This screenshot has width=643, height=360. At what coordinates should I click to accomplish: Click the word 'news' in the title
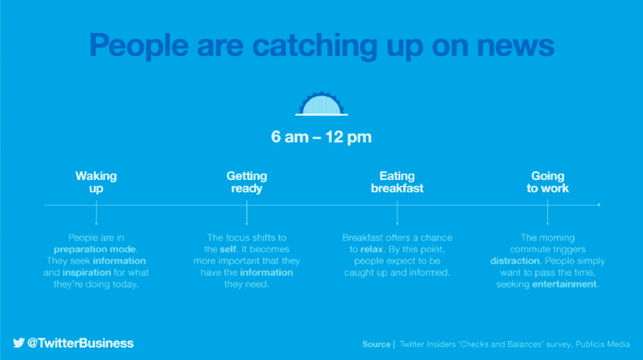click(x=516, y=45)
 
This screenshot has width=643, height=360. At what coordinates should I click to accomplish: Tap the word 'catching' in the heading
click(x=315, y=46)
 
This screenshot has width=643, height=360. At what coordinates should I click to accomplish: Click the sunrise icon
click(x=322, y=104)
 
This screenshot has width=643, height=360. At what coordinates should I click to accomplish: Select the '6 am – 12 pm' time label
click(x=321, y=137)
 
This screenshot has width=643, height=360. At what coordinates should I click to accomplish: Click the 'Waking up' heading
click(x=96, y=182)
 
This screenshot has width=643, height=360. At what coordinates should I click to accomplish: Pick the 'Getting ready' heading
click(x=247, y=182)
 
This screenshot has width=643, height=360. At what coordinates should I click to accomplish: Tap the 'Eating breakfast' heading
click(x=397, y=182)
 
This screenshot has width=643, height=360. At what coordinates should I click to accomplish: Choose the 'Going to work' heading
click(x=547, y=182)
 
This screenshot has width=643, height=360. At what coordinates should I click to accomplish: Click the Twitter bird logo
click(x=18, y=343)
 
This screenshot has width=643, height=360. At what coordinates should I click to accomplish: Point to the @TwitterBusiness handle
click(x=80, y=344)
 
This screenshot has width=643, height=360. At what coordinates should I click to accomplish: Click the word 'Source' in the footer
click(x=376, y=344)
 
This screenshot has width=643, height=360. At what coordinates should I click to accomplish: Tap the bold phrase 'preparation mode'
click(x=95, y=249)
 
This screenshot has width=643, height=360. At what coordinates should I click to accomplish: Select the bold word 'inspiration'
click(x=86, y=272)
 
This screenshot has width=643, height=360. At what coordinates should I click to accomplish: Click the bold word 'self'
click(x=228, y=249)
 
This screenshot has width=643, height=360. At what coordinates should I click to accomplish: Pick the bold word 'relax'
click(x=371, y=249)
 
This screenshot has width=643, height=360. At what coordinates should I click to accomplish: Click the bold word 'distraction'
click(x=515, y=261)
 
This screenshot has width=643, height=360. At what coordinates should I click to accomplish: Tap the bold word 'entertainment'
click(x=565, y=284)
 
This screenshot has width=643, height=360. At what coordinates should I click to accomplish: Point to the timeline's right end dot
click(x=599, y=204)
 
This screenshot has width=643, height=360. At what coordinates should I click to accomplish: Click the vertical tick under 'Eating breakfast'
click(x=397, y=212)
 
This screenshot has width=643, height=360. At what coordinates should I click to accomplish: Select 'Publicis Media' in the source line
click(x=602, y=344)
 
